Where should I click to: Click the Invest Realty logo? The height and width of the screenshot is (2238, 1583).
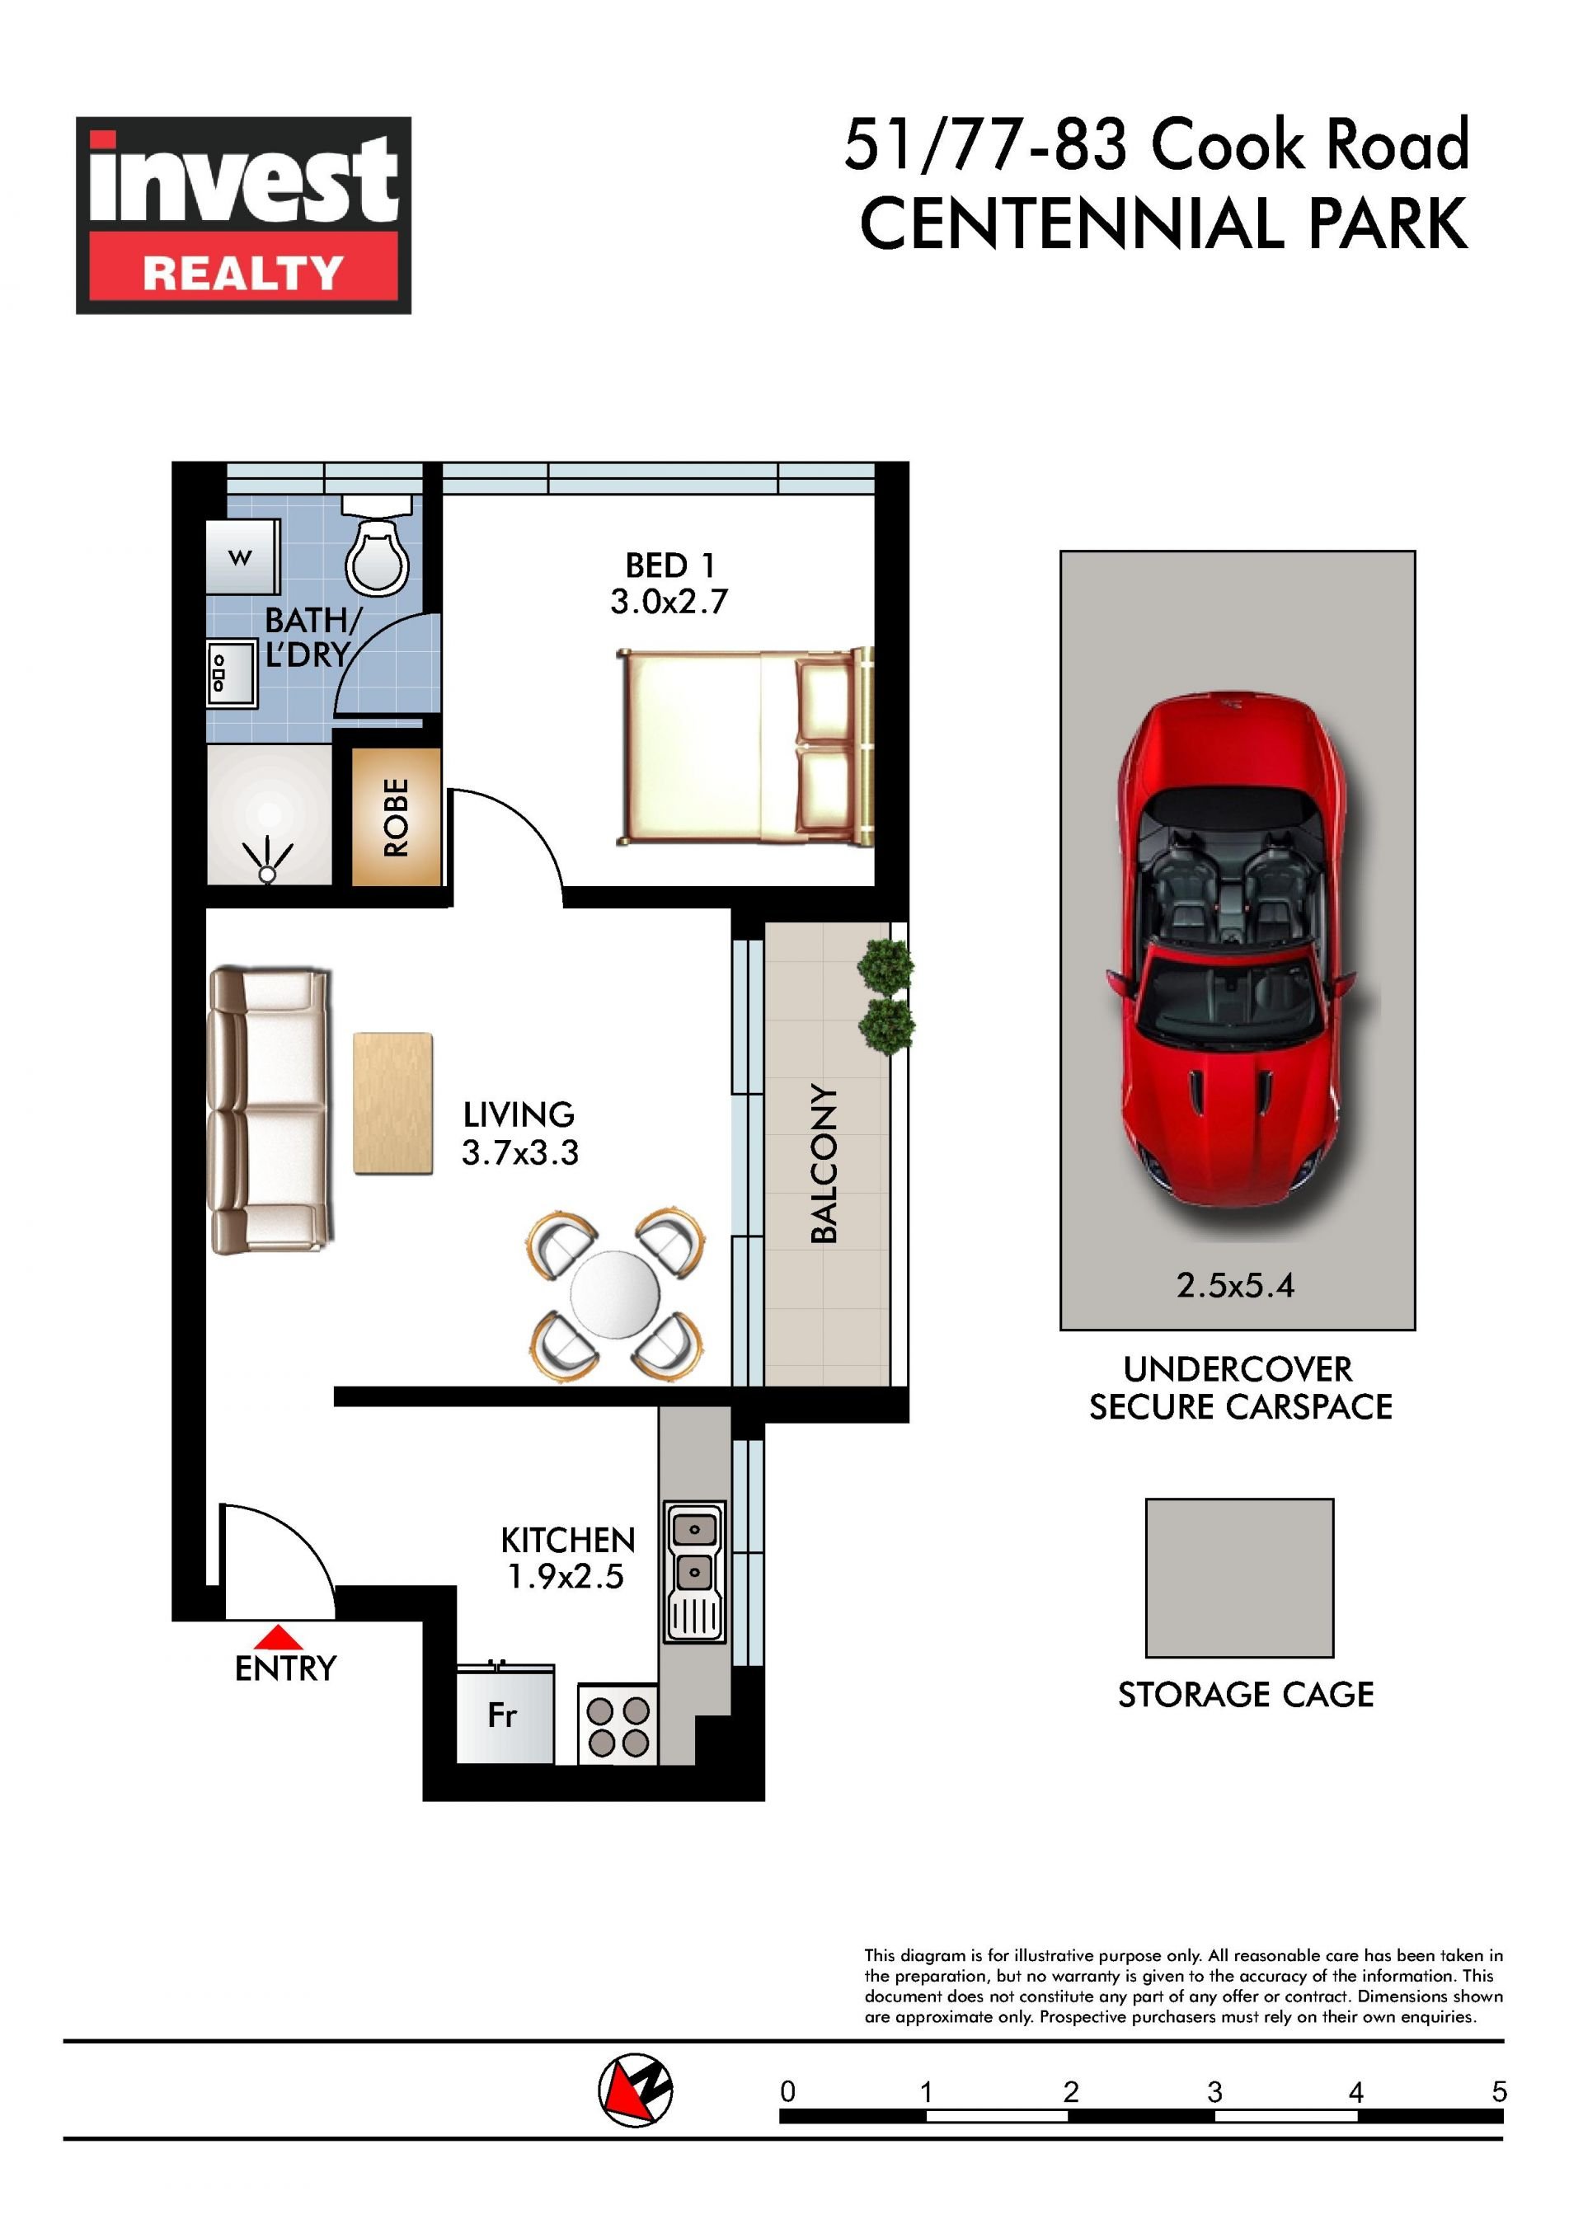pos(244,214)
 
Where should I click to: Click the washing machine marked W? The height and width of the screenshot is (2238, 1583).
pos(242,556)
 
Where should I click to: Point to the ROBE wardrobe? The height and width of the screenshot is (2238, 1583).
pos(396,817)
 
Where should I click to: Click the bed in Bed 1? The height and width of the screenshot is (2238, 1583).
pos(745,747)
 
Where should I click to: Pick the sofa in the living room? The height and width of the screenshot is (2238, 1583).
pos(270,1110)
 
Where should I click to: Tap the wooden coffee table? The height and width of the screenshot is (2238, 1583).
pos(392,1104)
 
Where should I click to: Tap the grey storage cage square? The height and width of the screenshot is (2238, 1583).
pos(1239,1578)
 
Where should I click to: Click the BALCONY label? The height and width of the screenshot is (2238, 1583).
pos(824,1163)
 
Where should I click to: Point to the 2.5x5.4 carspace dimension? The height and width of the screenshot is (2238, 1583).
pos(1235,1286)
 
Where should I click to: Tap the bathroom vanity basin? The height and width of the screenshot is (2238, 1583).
pos(232,673)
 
